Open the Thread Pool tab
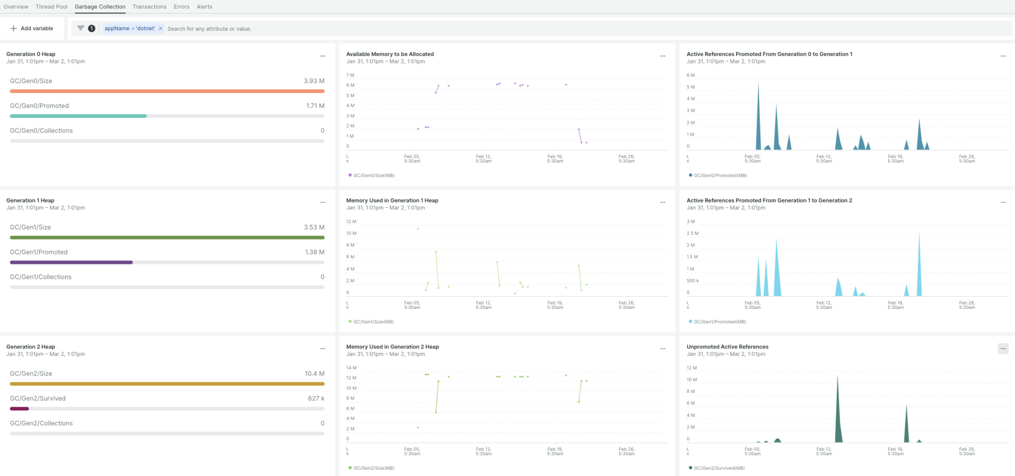tap(51, 7)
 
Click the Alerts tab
tap(204, 7)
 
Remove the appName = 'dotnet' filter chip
tap(161, 29)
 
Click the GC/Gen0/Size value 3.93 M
tap(313, 81)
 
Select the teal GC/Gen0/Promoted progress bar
tap(78, 116)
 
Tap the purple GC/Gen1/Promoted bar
tap(71, 262)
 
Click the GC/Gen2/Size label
tap(31, 373)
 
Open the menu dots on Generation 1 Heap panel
tap(322, 203)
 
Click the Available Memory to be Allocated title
tap(390, 54)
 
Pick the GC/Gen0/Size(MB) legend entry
tap(373, 176)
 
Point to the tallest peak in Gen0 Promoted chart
tap(758, 85)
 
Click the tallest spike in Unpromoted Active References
tap(837, 378)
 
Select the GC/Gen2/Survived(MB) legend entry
tap(718, 468)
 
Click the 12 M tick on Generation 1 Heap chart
tap(351, 222)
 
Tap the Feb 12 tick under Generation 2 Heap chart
tap(483, 451)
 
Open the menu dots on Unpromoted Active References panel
tap(1003, 349)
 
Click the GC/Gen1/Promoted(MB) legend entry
tap(719, 322)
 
